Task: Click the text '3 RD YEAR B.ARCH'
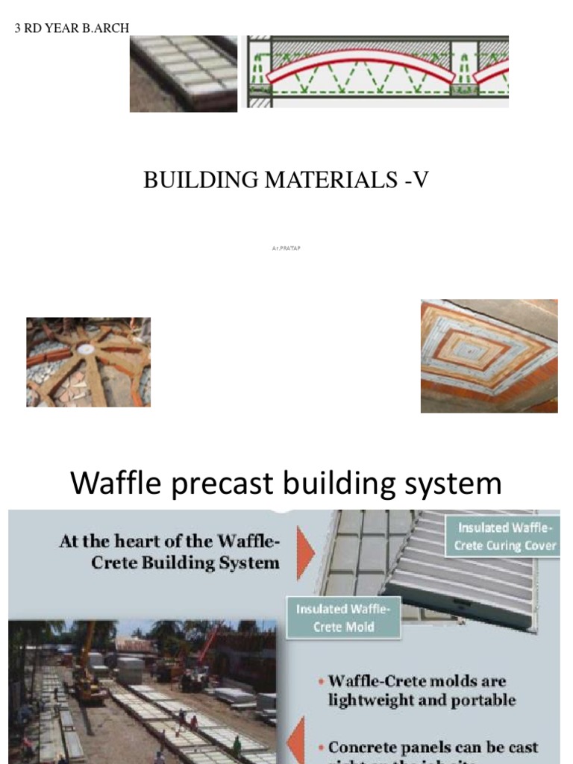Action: (72, 28)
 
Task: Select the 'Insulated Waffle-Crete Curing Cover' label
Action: (505, 536)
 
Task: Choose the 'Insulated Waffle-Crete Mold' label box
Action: (343, 618)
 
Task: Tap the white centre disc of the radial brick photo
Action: (86, 348)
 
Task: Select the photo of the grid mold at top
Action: (183, 73)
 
